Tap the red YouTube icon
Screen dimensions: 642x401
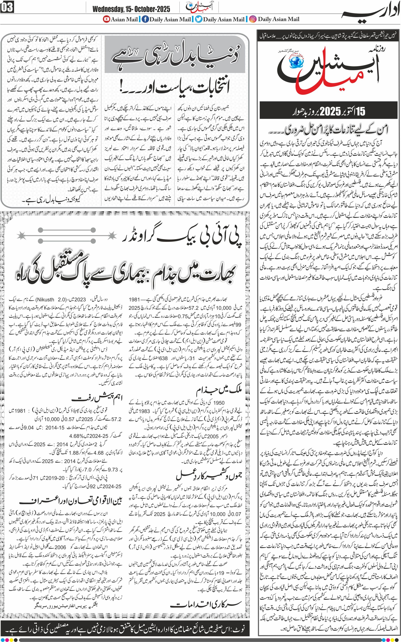[x=106, y=19]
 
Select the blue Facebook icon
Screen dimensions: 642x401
[x=145, y=19]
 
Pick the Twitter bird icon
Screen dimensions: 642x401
[x=198, y=19]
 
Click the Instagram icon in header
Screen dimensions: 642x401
[x=253, y=19]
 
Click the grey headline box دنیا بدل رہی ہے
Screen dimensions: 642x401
[x=176, y=55]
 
